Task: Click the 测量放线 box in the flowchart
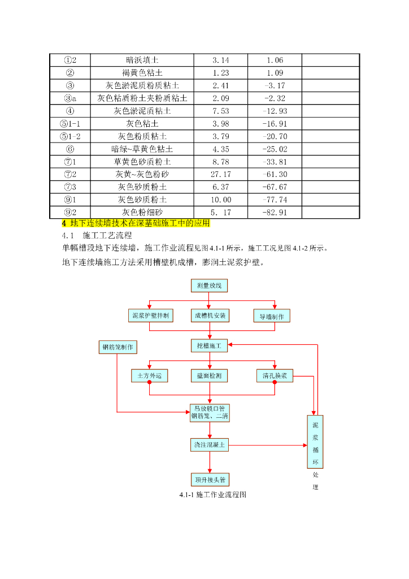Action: pos(209,286)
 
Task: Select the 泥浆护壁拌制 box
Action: pos(150,316)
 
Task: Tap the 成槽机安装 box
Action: pos(210,316)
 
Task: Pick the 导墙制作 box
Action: pos(271,316)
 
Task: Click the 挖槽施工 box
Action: pos(210,345)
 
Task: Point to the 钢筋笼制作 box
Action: pos(118,347)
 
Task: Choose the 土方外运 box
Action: pos(149,375)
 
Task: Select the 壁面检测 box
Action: pos(209,375)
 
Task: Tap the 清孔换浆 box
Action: pos(275,375)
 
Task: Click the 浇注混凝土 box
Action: pos(210,445)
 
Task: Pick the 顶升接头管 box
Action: pos(210,480)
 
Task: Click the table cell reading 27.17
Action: pos(221,174)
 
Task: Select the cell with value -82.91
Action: pos(275,213)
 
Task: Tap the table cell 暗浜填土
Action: pos(142,60)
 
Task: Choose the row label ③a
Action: pos(70,98)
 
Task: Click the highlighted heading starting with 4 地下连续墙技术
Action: pos(136,223)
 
